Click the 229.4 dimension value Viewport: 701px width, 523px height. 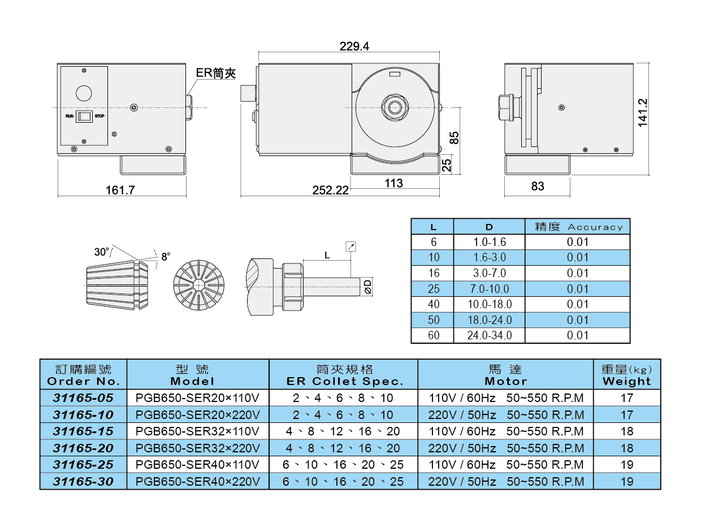pos(354,46)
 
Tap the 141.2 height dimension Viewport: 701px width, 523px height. pos(642,113)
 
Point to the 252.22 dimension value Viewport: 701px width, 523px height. pos(331,191)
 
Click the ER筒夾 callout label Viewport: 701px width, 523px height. pos(215,73)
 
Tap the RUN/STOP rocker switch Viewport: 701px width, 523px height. pos(84,116)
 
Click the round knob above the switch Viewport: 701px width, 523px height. pos(84,93)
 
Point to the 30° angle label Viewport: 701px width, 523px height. pos(101,252)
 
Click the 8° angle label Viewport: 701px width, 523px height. pos(166,257)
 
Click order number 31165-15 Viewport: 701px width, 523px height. pos(83,431)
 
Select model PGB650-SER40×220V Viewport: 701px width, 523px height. pos(198,482)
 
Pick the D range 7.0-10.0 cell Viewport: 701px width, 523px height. pos(489,289)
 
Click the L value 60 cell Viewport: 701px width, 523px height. pos(433,335)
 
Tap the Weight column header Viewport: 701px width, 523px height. pos(626,375)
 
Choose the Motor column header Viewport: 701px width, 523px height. pos(505,375)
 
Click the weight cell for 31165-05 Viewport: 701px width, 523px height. pos(626,398)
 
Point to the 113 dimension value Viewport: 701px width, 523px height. pos(393,183)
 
